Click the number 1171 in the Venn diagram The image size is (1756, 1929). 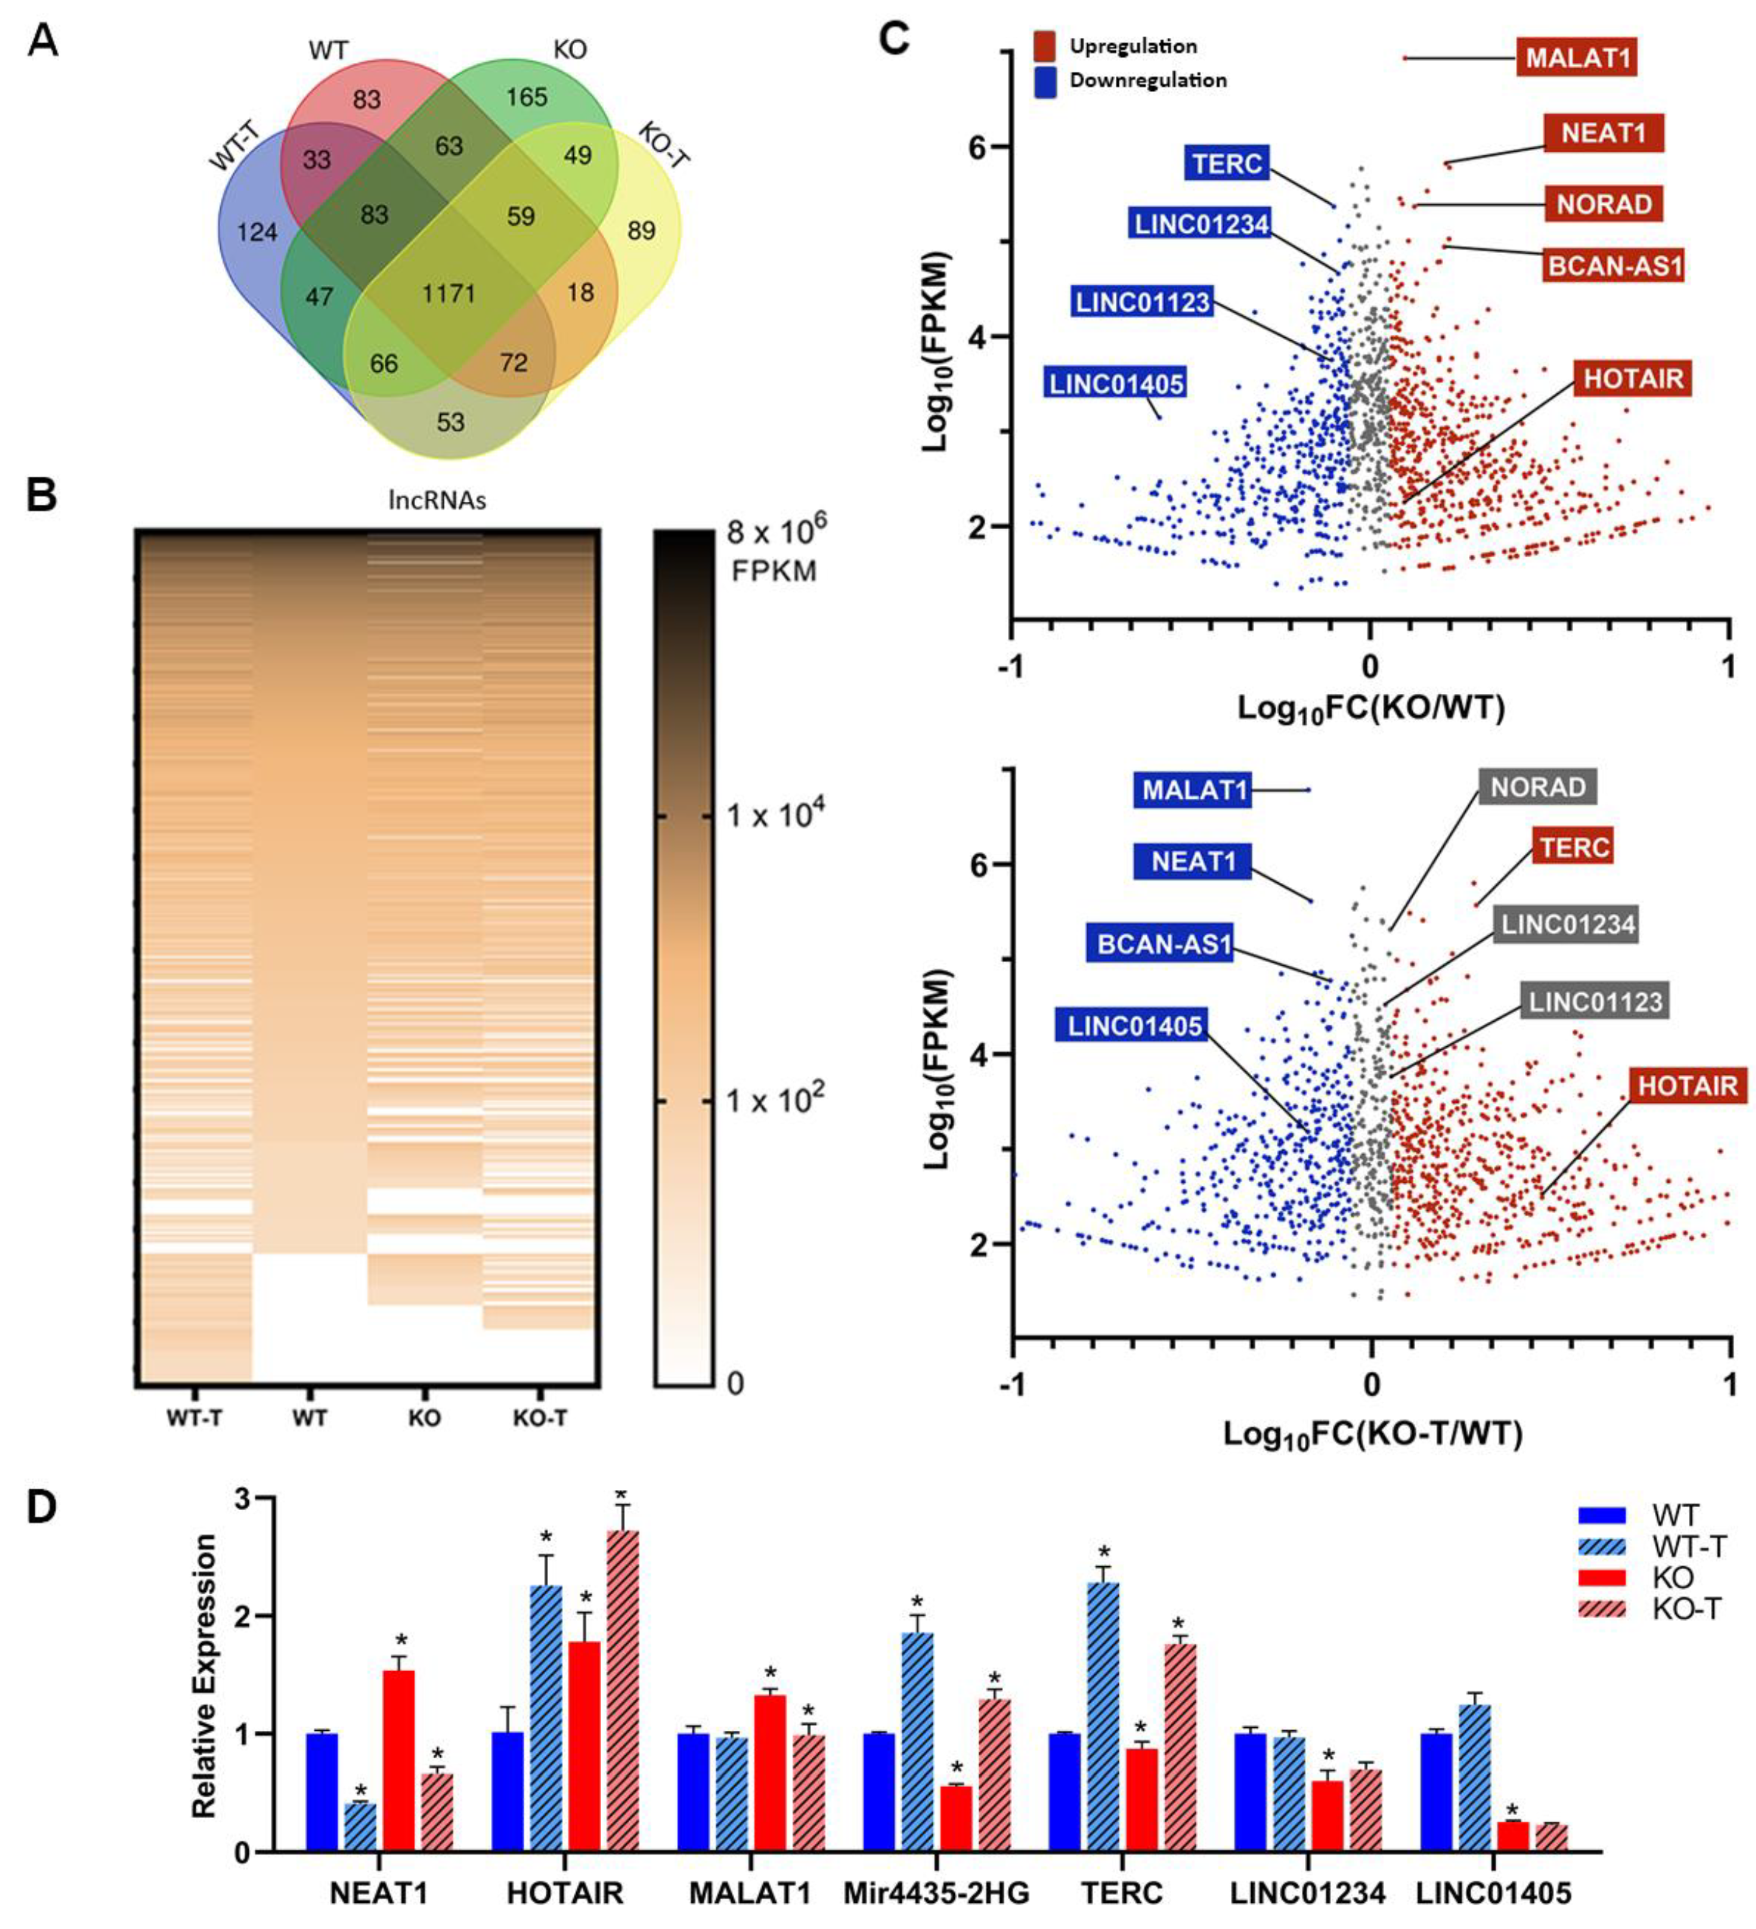pos(448,293)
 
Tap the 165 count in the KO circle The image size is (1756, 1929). pos(526,97)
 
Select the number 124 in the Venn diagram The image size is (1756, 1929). pos(257,232)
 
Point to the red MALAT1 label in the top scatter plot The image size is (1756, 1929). pos(1577,57)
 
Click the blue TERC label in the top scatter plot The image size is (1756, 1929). pos(1228,163)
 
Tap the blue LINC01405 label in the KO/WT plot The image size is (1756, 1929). pos(1116,383)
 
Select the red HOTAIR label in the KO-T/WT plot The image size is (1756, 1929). pos(1686,1086)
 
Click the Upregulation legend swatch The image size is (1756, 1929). pos(1045,46)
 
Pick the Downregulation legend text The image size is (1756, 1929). pos(1147,80)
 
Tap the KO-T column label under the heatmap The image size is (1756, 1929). pos(540,1418)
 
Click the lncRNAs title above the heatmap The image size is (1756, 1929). pos(437,501)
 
